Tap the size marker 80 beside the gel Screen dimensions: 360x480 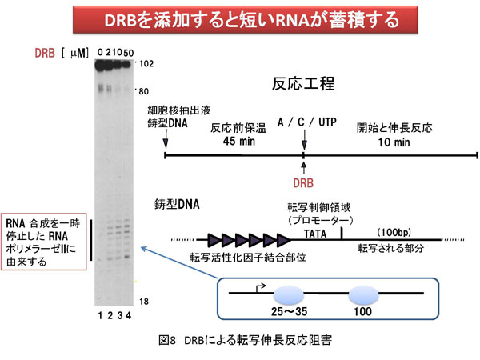coord(145,90)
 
